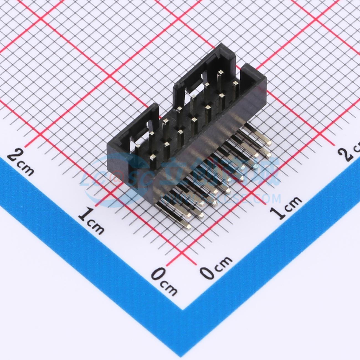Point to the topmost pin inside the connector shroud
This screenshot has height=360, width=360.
pyautogui.click(x=221, y=72)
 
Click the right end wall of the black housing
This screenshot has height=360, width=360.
pyautogui.click(x=253, y=75)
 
